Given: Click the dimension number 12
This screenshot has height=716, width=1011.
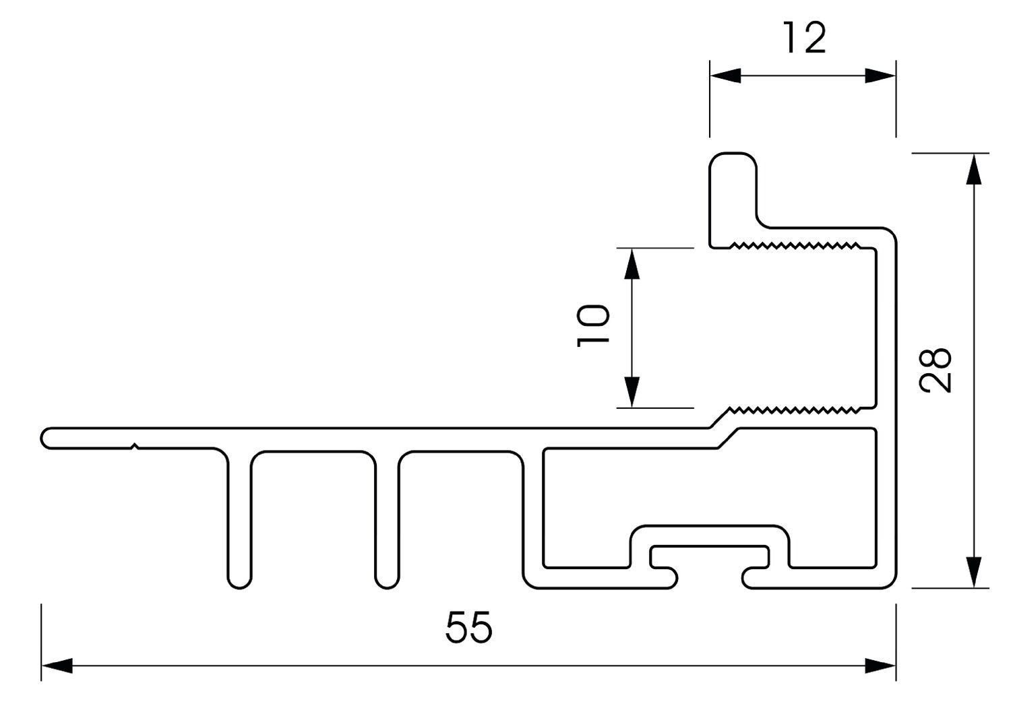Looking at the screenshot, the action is tap(805, 38).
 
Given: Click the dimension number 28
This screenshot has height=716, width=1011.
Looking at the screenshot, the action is tap(936, 370).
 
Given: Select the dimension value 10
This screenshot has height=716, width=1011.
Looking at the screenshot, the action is tap(593, 325).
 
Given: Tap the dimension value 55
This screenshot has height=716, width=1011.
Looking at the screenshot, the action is tap(469, 628).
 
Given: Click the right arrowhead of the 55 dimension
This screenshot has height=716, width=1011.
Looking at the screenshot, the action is tap(881, 666).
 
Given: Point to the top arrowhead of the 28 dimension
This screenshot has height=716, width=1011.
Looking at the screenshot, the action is tap(972, 169).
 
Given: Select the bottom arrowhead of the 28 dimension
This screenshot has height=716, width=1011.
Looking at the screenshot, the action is tap(972, 573).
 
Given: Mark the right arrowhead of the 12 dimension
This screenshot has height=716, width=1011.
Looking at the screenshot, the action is tap(880, 75).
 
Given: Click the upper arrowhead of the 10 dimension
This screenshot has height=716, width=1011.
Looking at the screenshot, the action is tap(632, 263).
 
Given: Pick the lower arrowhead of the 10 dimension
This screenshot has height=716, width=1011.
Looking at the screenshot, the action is tap(632, 393).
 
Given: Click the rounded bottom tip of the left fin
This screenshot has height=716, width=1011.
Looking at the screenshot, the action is tap(240, 580).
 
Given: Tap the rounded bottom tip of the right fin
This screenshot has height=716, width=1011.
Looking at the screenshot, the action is tap(387, 580).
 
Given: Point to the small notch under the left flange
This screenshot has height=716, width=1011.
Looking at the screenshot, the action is tap(135, 445).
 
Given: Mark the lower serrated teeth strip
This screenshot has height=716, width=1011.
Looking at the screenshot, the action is tap(795, 409).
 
